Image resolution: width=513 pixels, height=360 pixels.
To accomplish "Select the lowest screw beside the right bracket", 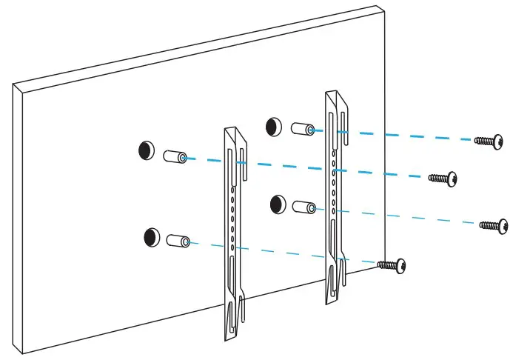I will [392, 264].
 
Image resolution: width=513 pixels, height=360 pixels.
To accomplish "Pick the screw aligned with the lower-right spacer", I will [494, 224].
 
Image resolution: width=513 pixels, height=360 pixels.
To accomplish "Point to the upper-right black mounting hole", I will [273, 125].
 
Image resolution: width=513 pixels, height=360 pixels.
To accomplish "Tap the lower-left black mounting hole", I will [152, 237].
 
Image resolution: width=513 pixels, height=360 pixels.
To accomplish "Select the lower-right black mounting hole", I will [279, 203].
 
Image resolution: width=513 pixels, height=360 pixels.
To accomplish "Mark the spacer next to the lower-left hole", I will [179, 240].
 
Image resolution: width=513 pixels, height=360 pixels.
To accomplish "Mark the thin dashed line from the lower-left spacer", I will [281, 253].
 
